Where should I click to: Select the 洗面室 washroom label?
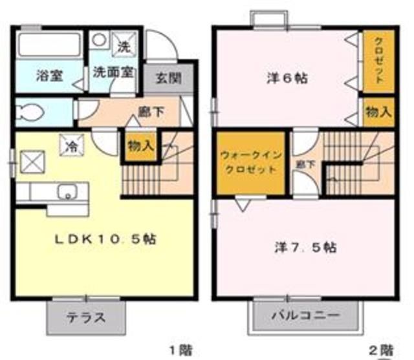112,72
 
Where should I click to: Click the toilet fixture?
30,111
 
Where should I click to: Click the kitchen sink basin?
67,191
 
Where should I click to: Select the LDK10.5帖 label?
105,238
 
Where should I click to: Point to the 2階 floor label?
381,350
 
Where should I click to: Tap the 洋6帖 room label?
287,79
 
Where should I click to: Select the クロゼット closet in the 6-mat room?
378,61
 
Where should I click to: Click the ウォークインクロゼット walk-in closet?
249,162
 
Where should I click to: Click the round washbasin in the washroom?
98,41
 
